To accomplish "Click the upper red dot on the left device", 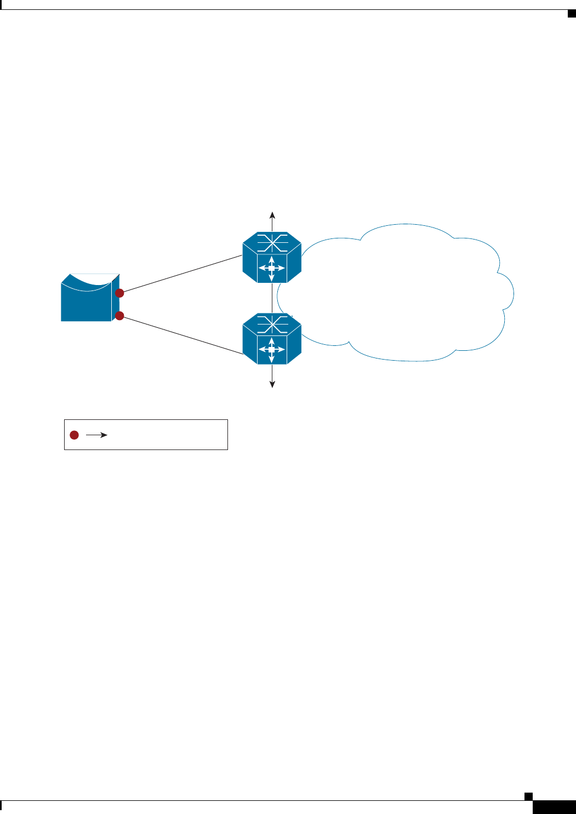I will tap(119, 293).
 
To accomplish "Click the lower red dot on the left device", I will tap(119, 316).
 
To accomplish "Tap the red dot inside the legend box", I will tap(74, 435).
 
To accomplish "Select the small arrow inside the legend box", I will tap(96, 435).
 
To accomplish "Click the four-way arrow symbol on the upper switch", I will tap(272, 268).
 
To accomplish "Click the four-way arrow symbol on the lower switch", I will tap(272, 349).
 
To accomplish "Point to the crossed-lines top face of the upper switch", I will tap(272, 242).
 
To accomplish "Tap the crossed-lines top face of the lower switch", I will tap(272, 323).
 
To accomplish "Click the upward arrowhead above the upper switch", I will tap(272, 214).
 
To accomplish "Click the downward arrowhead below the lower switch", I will tap(272, 384).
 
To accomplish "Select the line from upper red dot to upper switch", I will tap(181, 275).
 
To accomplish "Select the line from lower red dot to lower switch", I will tap(181, 335).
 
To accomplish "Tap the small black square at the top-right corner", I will tap(571, 13).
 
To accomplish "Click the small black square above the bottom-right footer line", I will tap(528, 796).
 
